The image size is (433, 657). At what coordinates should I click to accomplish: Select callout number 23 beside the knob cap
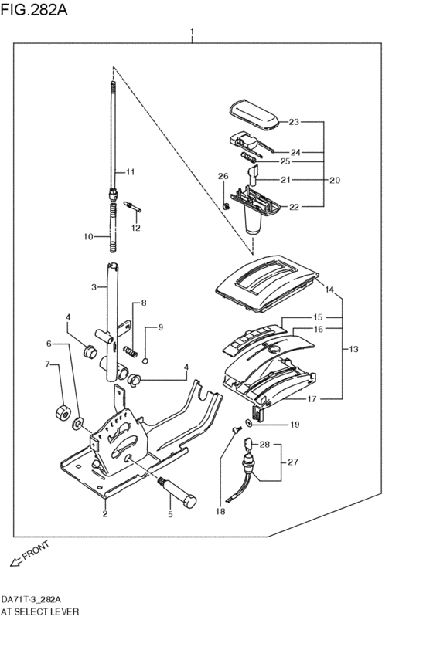pos(294,122)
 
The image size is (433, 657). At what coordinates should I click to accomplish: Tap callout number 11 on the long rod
pos(130,171)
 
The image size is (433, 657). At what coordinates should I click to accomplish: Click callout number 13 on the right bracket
pos(353,350)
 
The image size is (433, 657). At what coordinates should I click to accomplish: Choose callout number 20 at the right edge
pos(334,180)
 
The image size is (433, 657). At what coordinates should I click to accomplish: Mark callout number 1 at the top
pos(192,32)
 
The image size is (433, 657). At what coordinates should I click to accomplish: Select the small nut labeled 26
pos(226,205)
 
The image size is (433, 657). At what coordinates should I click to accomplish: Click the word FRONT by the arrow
pos(36,553)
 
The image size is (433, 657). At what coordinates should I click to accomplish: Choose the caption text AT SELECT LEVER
pos(40,611)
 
